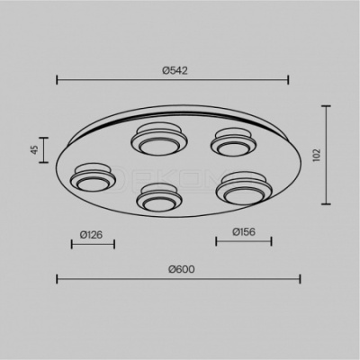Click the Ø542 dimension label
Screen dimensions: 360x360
click(x=175, y=70)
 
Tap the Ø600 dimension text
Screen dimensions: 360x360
click(x=182, y=269)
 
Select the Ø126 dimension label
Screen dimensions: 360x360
click(x=92, y=235)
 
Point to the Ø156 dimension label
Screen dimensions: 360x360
click(x=244, y=231)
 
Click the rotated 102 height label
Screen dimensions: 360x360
click(x=317, y=155)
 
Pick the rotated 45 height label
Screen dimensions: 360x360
click(x=35, y=149)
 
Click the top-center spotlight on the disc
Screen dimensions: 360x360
click(x=159, y=139)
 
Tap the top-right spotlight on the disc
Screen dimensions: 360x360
click(x=233, y=142)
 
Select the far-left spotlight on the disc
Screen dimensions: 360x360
click(x=93, y=177)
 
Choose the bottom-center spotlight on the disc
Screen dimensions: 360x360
click(x=159, y=197)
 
